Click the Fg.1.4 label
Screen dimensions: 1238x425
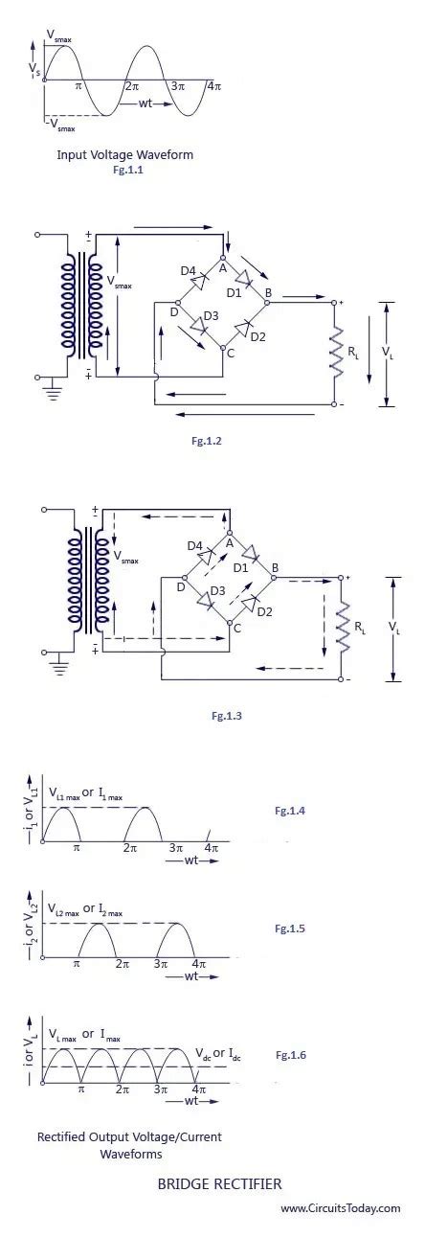click(290, 811)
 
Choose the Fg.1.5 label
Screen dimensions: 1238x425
click(290, 928)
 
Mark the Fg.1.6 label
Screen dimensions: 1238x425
click(291, 1054)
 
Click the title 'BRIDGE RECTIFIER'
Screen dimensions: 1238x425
click(219, 1184)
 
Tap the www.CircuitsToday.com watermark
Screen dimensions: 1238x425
click(341, 1208)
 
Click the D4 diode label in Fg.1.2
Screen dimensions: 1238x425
click(189, 271)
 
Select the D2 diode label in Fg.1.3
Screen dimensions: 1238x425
click(264, 611)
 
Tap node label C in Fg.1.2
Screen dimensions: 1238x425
click(229, 354)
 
